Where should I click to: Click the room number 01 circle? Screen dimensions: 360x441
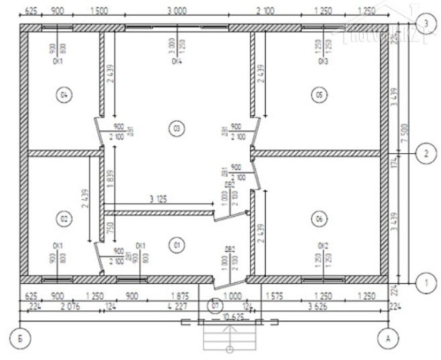176,242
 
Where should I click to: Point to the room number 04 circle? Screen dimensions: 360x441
65,95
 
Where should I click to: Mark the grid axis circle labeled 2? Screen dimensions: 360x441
423,154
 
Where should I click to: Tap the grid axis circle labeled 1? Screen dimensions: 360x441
423,281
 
